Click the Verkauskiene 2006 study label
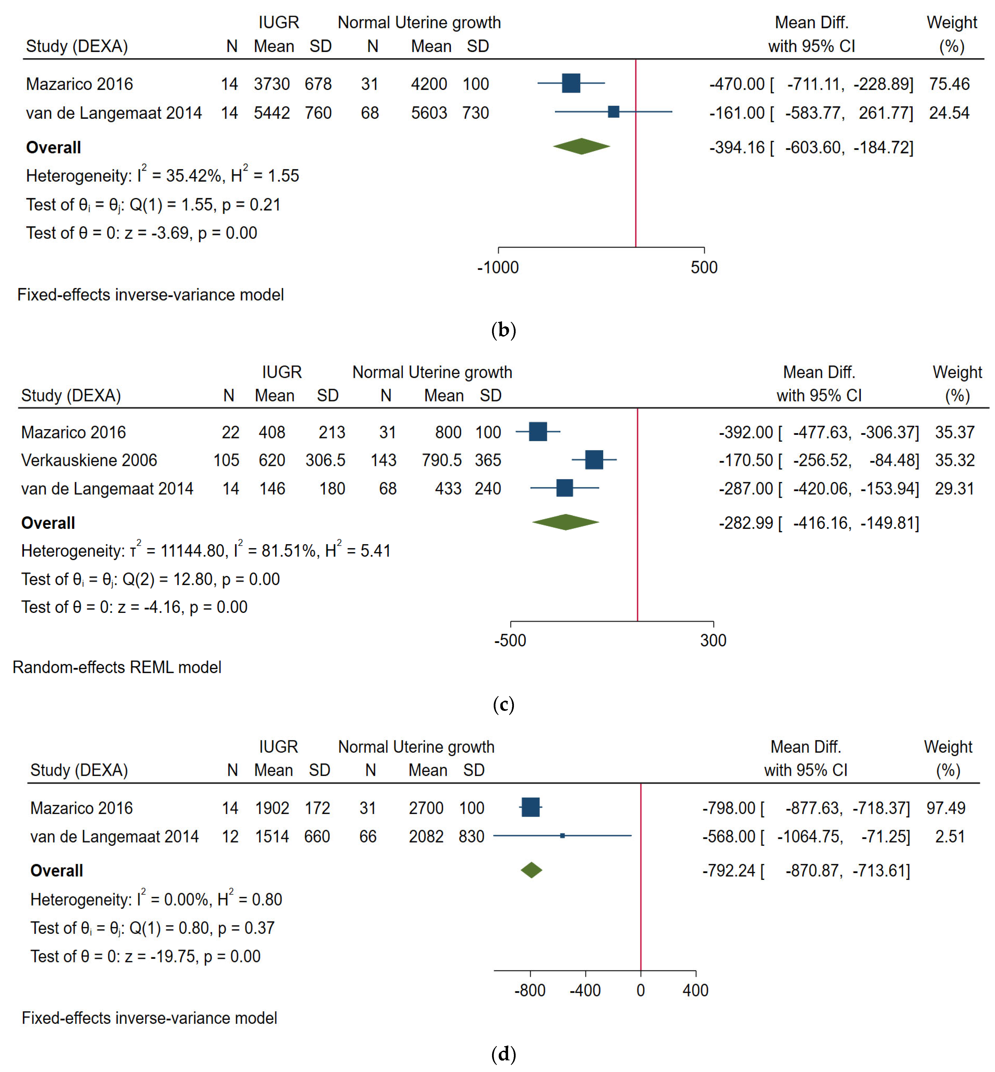pos(89,460)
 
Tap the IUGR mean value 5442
pos(272,113)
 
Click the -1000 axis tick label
pos(498,268)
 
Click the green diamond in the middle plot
pos(565,522)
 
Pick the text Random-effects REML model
pos(117,668)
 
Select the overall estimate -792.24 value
pos(728,871)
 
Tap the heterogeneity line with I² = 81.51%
pos(206,551)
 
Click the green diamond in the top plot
pos(582,146)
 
